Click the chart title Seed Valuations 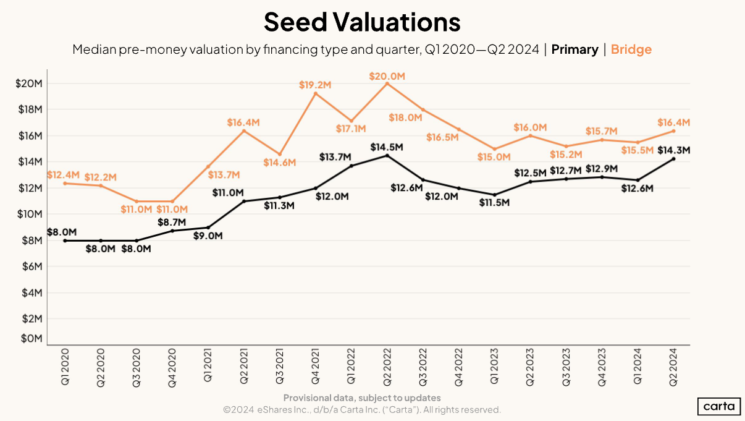(x=362, y=22)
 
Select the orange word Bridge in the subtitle (x=631, y=49)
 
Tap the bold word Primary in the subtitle (x=575, y=49)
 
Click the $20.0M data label (x=387, y=76)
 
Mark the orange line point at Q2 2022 (x=387, y=83)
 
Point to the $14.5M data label (x=387, y=147)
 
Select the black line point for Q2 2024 (x=673, y=159)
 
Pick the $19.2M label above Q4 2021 (x=315, y=85)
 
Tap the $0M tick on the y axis (x=31, y=339)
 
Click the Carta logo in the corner (x=720, y=406)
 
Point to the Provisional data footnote (x=362, y=398)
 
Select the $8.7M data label (x=173, y=221)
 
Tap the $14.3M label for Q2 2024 (x=673, y=150)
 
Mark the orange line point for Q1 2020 (x=65, y=183)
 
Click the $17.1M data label (x=351, y=129)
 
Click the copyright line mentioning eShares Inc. (x=362, y=410)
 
